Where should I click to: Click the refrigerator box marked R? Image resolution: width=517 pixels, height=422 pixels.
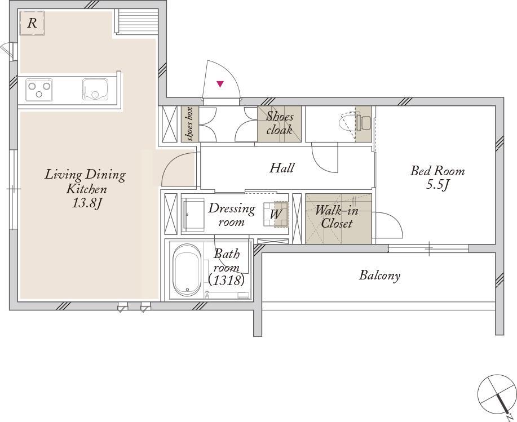[x=32, y=23]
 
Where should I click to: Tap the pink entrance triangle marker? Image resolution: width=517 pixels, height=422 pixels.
[x=220, y=84]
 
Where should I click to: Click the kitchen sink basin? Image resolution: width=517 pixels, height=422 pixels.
[x=95, y=90]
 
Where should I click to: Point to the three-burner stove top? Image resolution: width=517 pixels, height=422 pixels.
[x=39, y=89]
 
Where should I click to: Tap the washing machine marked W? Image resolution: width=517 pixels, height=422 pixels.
[x=276, y=215]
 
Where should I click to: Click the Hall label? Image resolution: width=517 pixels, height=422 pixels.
[x=281, y=168]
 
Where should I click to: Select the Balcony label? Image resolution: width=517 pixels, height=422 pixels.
[x=379, y=276]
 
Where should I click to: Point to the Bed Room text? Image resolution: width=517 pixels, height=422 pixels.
[x=437, y=171]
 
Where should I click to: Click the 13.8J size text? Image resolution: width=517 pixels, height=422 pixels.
[x=86, y=203]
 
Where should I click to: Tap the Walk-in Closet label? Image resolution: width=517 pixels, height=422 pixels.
[x=337, y=217]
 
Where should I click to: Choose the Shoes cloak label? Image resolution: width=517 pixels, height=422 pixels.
[x=280, y=123]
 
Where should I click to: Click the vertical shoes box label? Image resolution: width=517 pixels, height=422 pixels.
[x=190, y=124]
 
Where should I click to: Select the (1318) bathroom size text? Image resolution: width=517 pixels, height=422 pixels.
[x=227, y=280]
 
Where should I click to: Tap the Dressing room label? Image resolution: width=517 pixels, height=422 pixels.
[x=232, y=215]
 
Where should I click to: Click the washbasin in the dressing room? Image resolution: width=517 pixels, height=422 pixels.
[x=194, y=215]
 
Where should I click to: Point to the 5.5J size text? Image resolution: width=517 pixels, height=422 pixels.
[x=438, y=185]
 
